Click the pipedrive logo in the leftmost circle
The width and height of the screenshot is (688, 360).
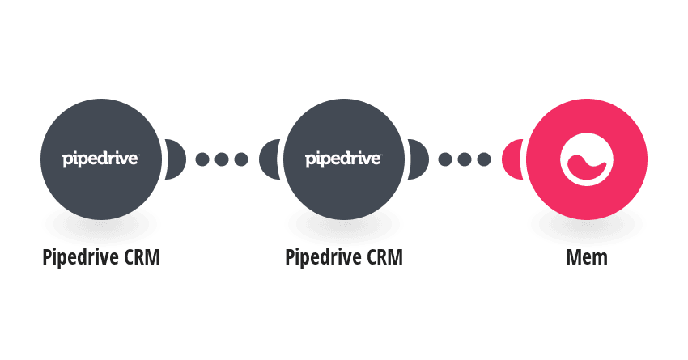(100, 159)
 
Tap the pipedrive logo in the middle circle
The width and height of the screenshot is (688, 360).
(343, 159)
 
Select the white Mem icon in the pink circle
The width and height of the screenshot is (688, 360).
(587, 159)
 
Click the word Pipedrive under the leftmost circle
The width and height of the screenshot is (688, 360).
(79, 257)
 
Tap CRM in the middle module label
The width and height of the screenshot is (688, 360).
(384, 257)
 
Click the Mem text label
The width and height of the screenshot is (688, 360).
(587, 257)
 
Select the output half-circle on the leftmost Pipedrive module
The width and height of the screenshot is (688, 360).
(176, 159)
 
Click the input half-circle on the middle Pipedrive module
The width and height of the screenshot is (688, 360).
(270, 159)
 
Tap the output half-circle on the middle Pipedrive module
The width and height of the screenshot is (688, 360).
(418, 159)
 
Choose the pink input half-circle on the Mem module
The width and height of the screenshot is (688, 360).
(512, 159)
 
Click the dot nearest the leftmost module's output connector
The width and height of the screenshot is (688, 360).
(202, 159)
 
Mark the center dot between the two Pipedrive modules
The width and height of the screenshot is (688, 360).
(222, 159)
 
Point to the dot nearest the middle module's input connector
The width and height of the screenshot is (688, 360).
(241, 159)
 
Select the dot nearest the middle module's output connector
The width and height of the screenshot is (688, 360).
(445, 159)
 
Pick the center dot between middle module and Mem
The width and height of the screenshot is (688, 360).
(465, 159)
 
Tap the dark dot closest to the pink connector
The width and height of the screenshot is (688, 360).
(484, 159)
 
